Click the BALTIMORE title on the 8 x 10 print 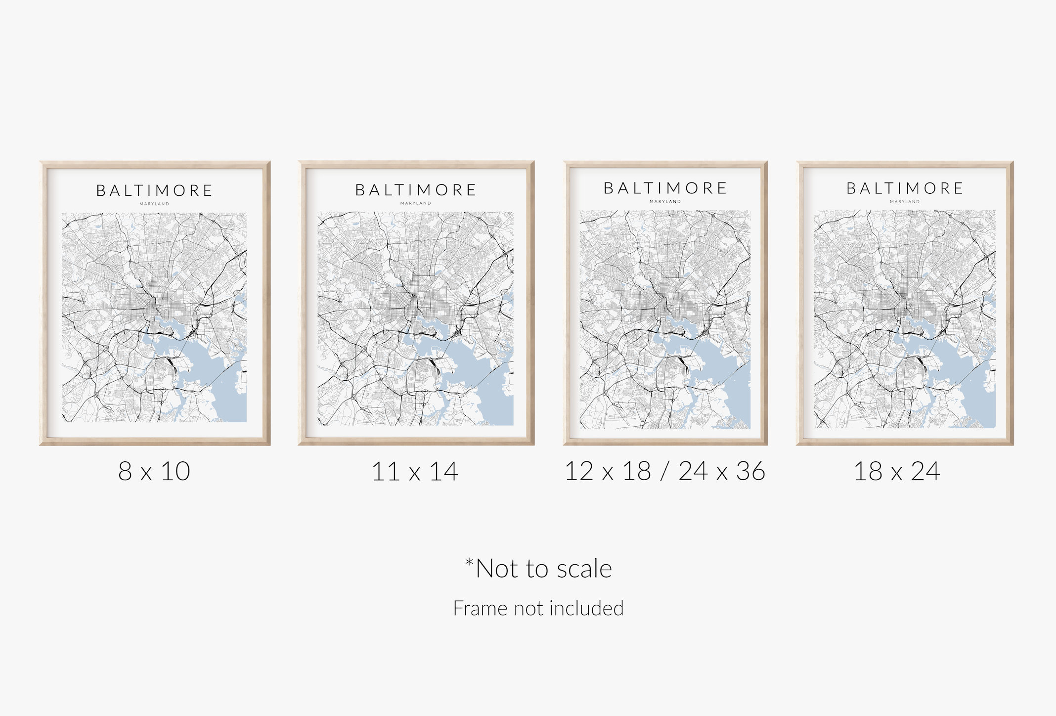coord(154,191)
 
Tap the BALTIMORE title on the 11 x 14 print coord(415,190)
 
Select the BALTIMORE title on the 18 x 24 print coord(905,188)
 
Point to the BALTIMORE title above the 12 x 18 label coord(665,188)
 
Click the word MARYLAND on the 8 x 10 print coord(154,204)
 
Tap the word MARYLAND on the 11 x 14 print coord(415,203)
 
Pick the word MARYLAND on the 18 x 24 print coord(905,202)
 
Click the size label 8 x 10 coord(154,471)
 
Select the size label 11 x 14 coord(415,471)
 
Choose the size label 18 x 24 coord(897,471)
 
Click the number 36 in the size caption coord(750,471)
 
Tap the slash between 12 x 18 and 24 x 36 coord(664,471)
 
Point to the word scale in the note coord(585,569)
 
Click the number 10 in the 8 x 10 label coord(176,471)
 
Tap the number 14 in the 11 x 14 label coord(443,471)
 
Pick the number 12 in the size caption coord(579,471)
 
